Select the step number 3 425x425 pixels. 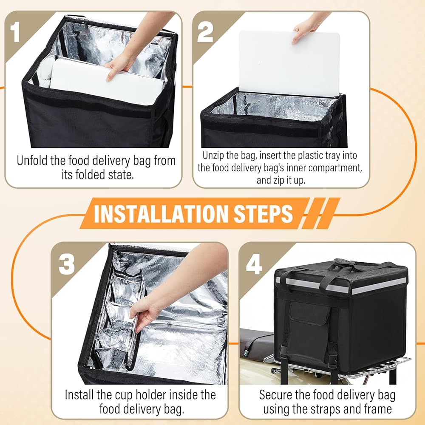click(x=66, y=264)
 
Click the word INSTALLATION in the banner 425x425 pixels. click(x=161, y=214)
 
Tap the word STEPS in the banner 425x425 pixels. click(x=263, y=214)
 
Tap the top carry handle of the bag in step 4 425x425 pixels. click(x=344, y=262)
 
